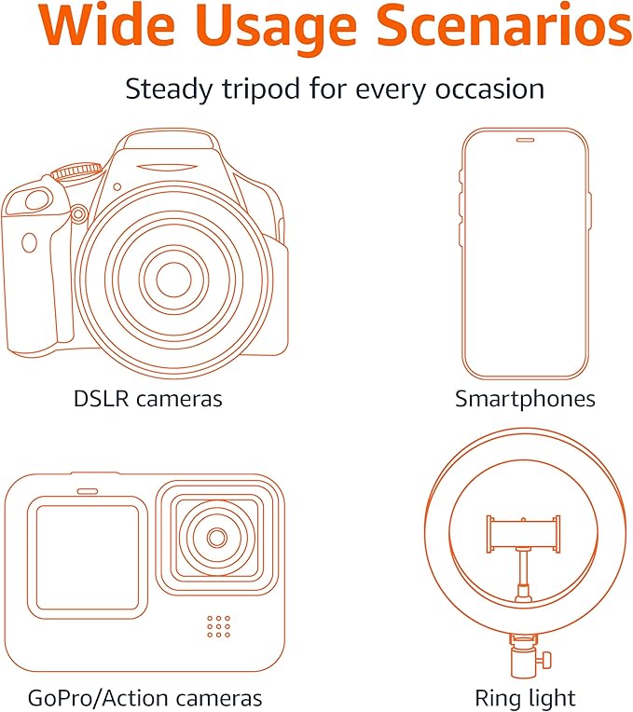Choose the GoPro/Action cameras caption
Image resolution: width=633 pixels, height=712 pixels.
[x=144, y=698]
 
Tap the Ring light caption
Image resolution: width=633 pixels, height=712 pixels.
[x=525, y=698]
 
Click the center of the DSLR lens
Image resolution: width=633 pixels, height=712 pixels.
[x=172, y=278]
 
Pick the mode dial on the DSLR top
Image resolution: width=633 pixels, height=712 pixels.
[x=71, y=172]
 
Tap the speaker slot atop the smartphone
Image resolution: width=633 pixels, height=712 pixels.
[x=525, y=141]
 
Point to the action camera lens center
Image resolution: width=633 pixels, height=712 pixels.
[x=217, y=538]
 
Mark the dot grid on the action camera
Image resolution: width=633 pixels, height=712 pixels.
[x=218, y=626]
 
